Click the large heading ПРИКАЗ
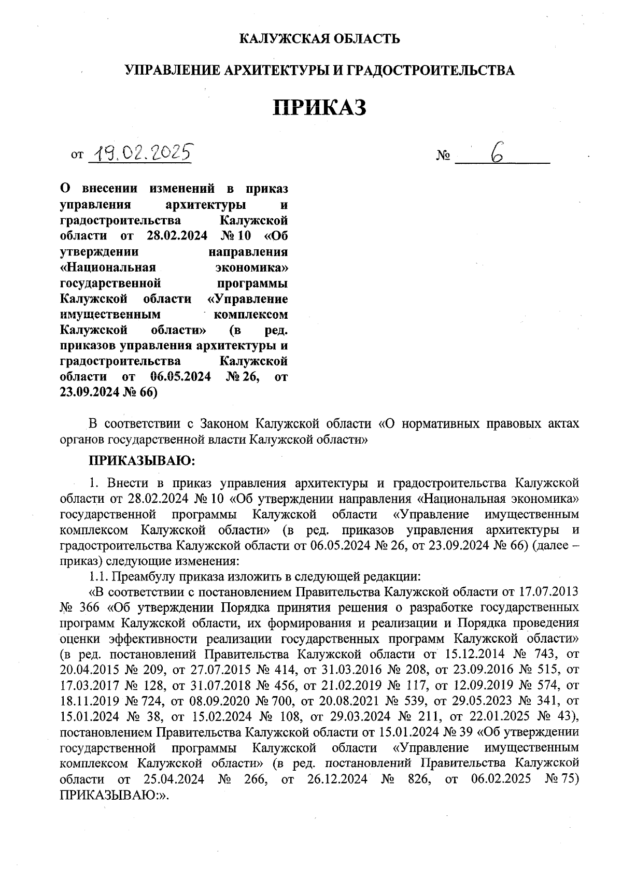[320, 107]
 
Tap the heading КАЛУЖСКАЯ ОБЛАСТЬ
[320, 38]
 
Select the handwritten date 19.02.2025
[139, 152]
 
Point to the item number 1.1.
[98, 576]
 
